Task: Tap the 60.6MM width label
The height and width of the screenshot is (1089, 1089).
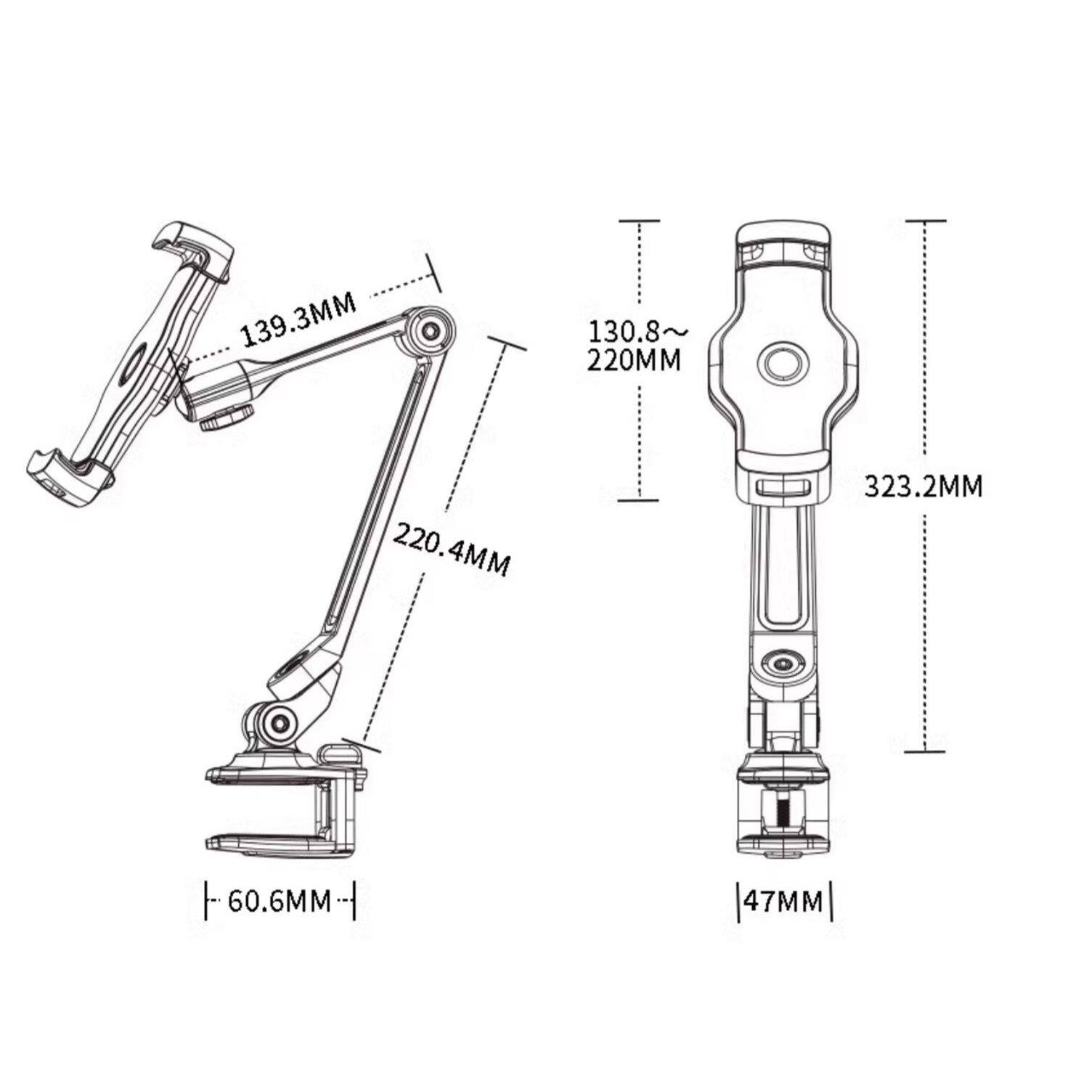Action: (280, 901)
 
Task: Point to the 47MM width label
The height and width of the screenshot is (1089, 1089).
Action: (784, 901)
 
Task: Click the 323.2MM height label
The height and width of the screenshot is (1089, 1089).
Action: (923, 486)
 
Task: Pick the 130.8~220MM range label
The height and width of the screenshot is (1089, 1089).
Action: (636, 346)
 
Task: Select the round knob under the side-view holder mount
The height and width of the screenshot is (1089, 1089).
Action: (227, 419)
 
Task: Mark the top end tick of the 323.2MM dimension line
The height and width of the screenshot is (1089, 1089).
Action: (925, 221)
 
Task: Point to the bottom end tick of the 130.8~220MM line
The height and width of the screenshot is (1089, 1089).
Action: (638, 499)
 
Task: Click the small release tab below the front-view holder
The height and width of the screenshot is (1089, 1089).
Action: (782, 486)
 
